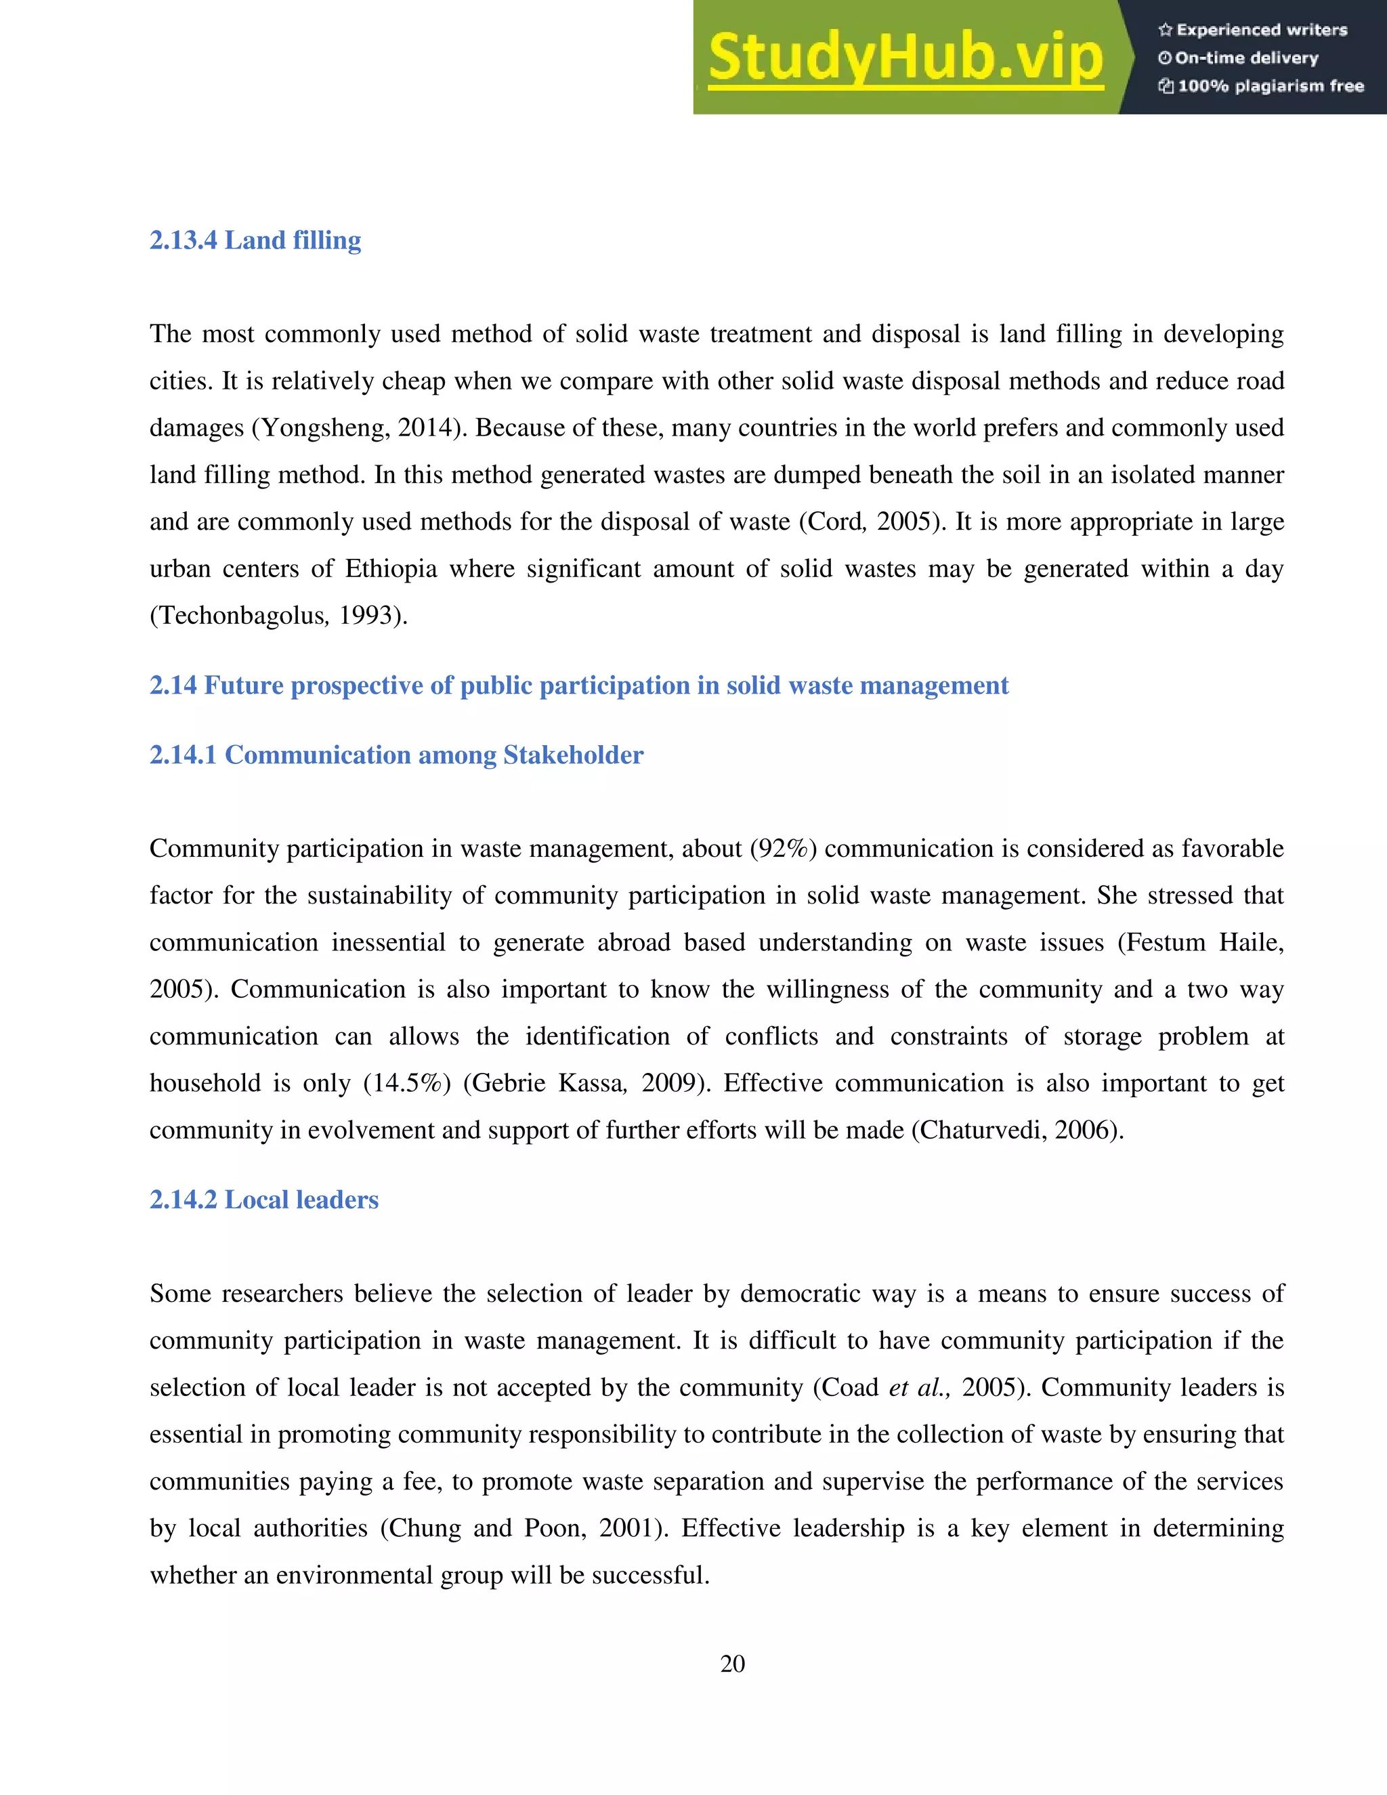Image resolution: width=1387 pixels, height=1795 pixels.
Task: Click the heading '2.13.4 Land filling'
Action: (x=255, y=241)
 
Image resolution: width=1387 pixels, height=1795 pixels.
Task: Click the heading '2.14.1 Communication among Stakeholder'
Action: (x=396, y=755)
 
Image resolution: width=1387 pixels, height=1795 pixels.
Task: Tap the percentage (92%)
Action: (x=783, y=849)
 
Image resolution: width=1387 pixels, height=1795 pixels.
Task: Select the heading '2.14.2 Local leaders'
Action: (x=263, y=1200)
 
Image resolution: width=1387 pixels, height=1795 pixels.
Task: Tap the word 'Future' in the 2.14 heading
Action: (x=243, y=685)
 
